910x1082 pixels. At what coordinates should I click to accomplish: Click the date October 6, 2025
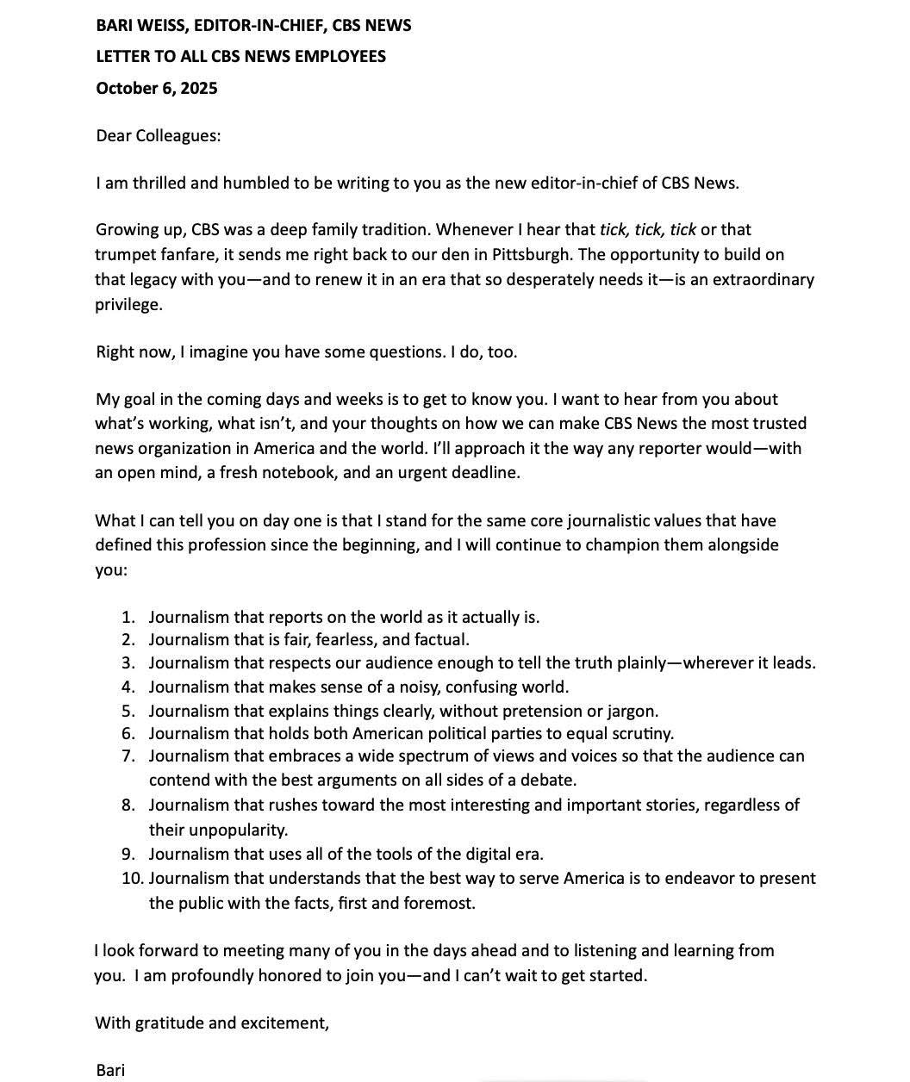point(156,88)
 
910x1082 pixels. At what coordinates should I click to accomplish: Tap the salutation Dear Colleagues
point(158,135)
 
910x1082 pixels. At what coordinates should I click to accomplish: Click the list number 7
point(128,756)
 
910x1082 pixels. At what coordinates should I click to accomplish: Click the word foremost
point(439,904)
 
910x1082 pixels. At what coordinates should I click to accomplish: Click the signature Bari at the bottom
point(110,1071)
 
